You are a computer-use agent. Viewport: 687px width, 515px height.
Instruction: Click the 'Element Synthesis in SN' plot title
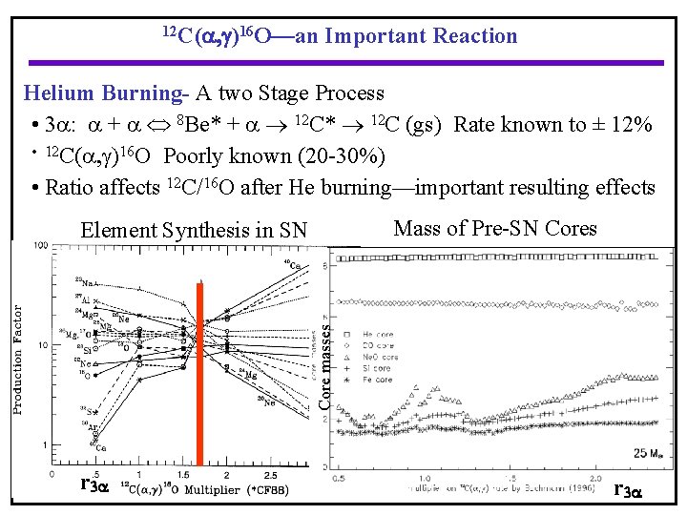(x=195, y=230)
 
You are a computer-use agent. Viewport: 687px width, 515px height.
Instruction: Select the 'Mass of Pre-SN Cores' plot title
(x=495, y=228)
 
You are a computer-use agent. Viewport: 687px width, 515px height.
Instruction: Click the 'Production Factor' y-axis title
(x=17, y=360)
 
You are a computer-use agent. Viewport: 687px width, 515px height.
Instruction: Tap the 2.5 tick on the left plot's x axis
(x=271, y=474)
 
